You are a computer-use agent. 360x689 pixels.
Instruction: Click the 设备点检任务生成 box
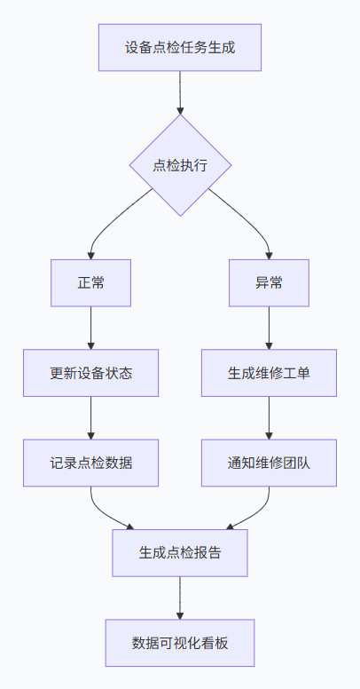click(180, 47)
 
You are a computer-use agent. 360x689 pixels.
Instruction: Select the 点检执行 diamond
click(180, 165)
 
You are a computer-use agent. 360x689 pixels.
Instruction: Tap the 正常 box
click(91, 283)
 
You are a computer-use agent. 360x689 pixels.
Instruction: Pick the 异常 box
click(269, 283)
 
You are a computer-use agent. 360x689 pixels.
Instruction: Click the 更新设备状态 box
click(91, 372)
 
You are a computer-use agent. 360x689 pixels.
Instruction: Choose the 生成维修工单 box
click(269, 372)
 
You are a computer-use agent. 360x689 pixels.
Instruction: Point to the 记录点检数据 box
click(91, 463)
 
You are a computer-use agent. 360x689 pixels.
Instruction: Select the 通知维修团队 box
click(269, 463)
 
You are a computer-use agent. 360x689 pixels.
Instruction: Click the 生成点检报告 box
click(180, 552)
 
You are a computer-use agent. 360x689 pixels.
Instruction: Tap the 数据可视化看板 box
click(180, 643)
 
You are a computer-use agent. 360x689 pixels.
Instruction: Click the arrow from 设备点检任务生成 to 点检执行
click(180, 92)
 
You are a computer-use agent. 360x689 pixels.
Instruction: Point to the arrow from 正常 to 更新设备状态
click(91, 328)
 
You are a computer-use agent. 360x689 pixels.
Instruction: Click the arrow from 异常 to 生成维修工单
click(269, 328)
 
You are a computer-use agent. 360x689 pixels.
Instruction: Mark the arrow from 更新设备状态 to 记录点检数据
click(91, 417)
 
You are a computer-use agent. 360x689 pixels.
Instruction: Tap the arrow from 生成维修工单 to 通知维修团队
click(269, 417)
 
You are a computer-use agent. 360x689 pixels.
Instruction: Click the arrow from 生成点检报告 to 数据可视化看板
click(180, 598)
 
